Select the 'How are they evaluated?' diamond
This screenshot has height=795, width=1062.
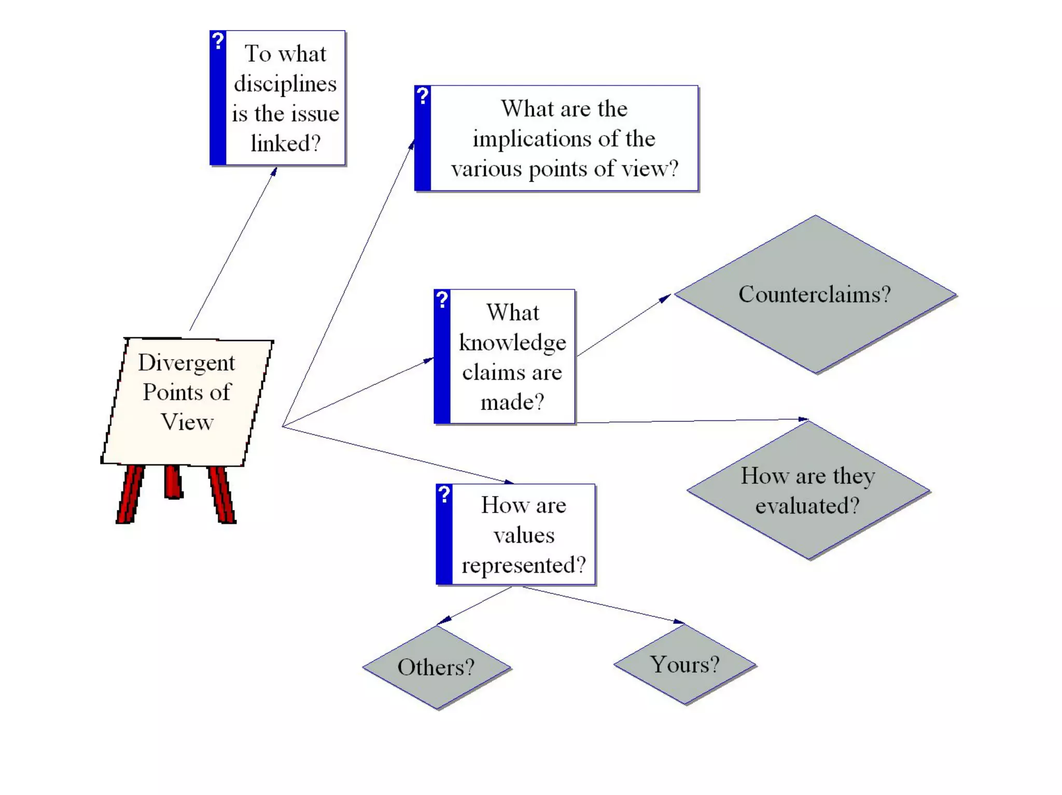(x=808, y=490)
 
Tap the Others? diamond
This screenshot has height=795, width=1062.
(x=436, y=667)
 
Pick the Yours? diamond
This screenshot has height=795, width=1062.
(x=684, y=664)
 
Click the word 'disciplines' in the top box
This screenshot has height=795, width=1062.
(x=285, y=84)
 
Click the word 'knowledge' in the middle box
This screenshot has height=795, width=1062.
(x=512, y=343)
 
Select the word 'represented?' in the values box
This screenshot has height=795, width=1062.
(x=524, y=565)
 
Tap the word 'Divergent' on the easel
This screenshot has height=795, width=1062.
(x=187, y=363)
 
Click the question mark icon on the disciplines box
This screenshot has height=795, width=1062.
(x=218, y=40)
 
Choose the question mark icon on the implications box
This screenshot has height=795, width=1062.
(x=423, y=95)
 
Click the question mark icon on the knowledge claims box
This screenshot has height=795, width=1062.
(x=442, y=299)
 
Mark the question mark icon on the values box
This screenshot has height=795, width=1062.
(x=444, y=494)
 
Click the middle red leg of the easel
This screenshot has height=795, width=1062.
(x=173, y=482)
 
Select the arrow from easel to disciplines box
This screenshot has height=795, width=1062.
(x=233, y=249)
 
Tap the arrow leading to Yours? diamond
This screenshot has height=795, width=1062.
(x=602, y=604)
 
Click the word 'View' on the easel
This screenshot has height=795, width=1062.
(x=187, y=422)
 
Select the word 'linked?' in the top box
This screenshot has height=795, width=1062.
(x=285, y=144)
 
